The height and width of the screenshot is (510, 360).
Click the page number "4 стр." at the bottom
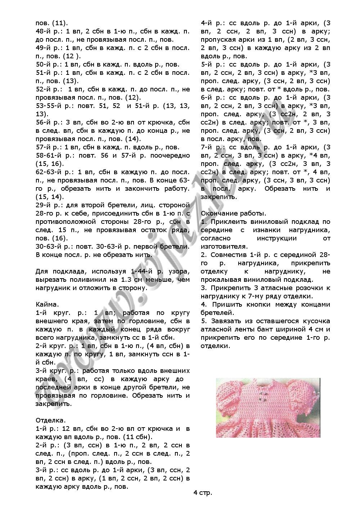(203, 492)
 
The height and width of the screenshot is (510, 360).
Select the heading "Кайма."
(47, 304)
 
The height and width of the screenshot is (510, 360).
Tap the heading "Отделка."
(51, 420)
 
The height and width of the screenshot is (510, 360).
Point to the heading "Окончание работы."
(234, 213)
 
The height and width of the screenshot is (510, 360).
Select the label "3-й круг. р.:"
(57, 371)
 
